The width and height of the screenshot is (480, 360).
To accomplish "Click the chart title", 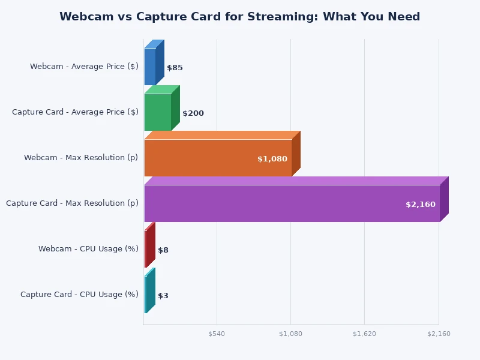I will (239, 17).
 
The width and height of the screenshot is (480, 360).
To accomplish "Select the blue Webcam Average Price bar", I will (150, 67).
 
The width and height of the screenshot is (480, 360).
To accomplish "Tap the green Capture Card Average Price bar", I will (158, 112).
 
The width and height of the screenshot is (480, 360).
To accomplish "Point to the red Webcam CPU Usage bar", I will (146, 249).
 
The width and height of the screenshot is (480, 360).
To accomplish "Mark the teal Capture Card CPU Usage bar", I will (146, 295).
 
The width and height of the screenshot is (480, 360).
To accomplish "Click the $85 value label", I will (175, 68).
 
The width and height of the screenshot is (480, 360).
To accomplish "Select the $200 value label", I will (193, 113).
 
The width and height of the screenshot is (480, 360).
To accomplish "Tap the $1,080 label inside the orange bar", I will (272, 159).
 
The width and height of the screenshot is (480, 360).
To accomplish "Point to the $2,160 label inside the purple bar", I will (421, 205).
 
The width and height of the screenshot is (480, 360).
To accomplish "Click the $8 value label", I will (163, 250).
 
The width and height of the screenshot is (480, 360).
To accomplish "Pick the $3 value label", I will (163, 296).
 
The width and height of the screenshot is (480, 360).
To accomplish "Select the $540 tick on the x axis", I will (217, 334).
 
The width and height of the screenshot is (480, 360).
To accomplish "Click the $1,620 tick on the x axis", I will (365, 334).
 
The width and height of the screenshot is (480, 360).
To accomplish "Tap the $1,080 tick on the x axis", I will (290, 334).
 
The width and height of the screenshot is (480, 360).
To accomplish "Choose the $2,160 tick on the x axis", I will (439, 334).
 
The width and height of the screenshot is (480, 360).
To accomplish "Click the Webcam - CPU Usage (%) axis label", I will (88, 249).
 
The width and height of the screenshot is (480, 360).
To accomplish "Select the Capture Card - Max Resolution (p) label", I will (72, 203).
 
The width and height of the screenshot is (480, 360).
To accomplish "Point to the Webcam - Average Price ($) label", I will (84, 67).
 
